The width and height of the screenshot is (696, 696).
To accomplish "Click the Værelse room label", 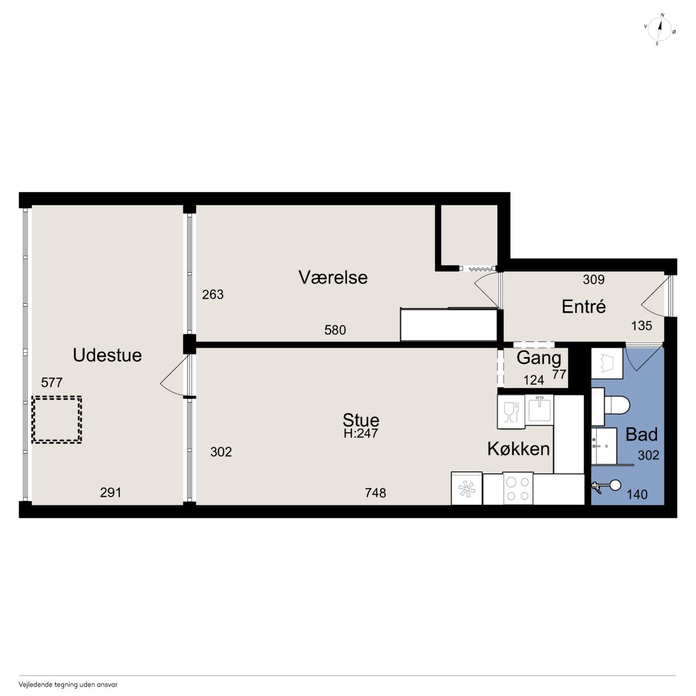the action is (x=333, y=277).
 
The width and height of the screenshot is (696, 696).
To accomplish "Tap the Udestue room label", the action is (x=107, y=355).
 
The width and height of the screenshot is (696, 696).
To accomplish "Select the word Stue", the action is (x=361, y=420).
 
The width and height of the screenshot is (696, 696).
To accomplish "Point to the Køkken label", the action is (x=518, y=449).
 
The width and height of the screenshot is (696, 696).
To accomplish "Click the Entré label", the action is (x=583, y=307).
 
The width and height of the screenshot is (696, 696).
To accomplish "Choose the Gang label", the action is (x=539, y=358).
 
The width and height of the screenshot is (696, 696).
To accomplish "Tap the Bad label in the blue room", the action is (x=642, y=434).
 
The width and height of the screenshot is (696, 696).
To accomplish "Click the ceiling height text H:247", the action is (x=361, y=433).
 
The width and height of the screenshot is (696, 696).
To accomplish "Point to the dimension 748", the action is (x=375, y=493).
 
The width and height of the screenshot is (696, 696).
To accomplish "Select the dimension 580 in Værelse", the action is (x=335, y=330).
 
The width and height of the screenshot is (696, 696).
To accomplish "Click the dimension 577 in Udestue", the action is (x=52, y=382).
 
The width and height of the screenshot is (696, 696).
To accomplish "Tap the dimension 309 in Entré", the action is (x=594, y=279).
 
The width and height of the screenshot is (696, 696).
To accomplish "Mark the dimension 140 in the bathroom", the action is (x=637, y=494).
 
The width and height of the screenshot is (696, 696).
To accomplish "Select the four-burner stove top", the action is (x=518, y=489).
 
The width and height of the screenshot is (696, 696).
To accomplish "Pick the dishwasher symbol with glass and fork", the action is (x=511, y=412).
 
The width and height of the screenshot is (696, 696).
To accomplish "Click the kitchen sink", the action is (x=539, y=409).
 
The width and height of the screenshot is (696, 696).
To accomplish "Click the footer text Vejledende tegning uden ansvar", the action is (x=68, y=685).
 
